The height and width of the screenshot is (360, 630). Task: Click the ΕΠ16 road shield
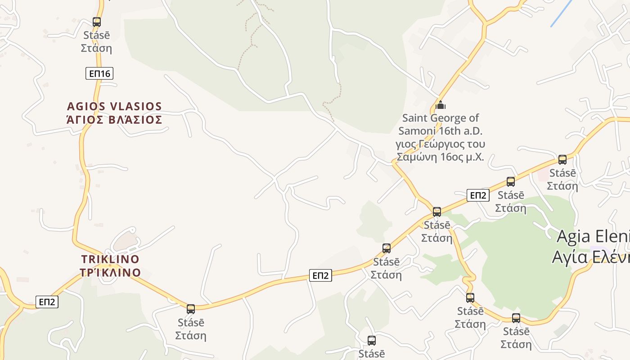[x=99, y=73]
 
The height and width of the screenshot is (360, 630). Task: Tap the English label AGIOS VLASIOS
[x=114, y=107]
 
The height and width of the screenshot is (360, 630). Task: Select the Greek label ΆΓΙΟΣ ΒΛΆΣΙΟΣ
[x=114, y=120]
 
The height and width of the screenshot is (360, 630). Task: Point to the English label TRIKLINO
[x=110, y=259]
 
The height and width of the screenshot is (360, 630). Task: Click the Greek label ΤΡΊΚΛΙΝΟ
[x=110, y=272]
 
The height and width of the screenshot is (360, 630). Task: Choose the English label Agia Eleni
[x=593, y=236]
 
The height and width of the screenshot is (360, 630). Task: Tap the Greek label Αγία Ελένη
[x=591, y=257]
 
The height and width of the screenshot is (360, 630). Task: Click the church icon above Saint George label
[x=441, y=105]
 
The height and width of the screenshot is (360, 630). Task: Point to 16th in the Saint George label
[x=451, y=131]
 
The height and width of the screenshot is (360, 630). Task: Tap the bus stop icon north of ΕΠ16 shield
[x=96, y=22]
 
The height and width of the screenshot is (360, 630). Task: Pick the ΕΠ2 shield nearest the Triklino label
[x=47, y=301]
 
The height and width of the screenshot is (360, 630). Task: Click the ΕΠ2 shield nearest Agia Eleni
[x=478, y=195]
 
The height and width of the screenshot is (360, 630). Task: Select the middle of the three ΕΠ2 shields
[x=320, y=275]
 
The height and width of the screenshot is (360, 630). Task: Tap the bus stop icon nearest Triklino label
[x=191, y=309]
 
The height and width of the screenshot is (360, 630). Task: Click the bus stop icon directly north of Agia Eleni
[x=562, y=159]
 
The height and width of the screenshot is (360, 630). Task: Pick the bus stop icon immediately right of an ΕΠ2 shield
[x=510, y=182]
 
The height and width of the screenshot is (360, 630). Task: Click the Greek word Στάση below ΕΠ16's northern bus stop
[x=96, y=48]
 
